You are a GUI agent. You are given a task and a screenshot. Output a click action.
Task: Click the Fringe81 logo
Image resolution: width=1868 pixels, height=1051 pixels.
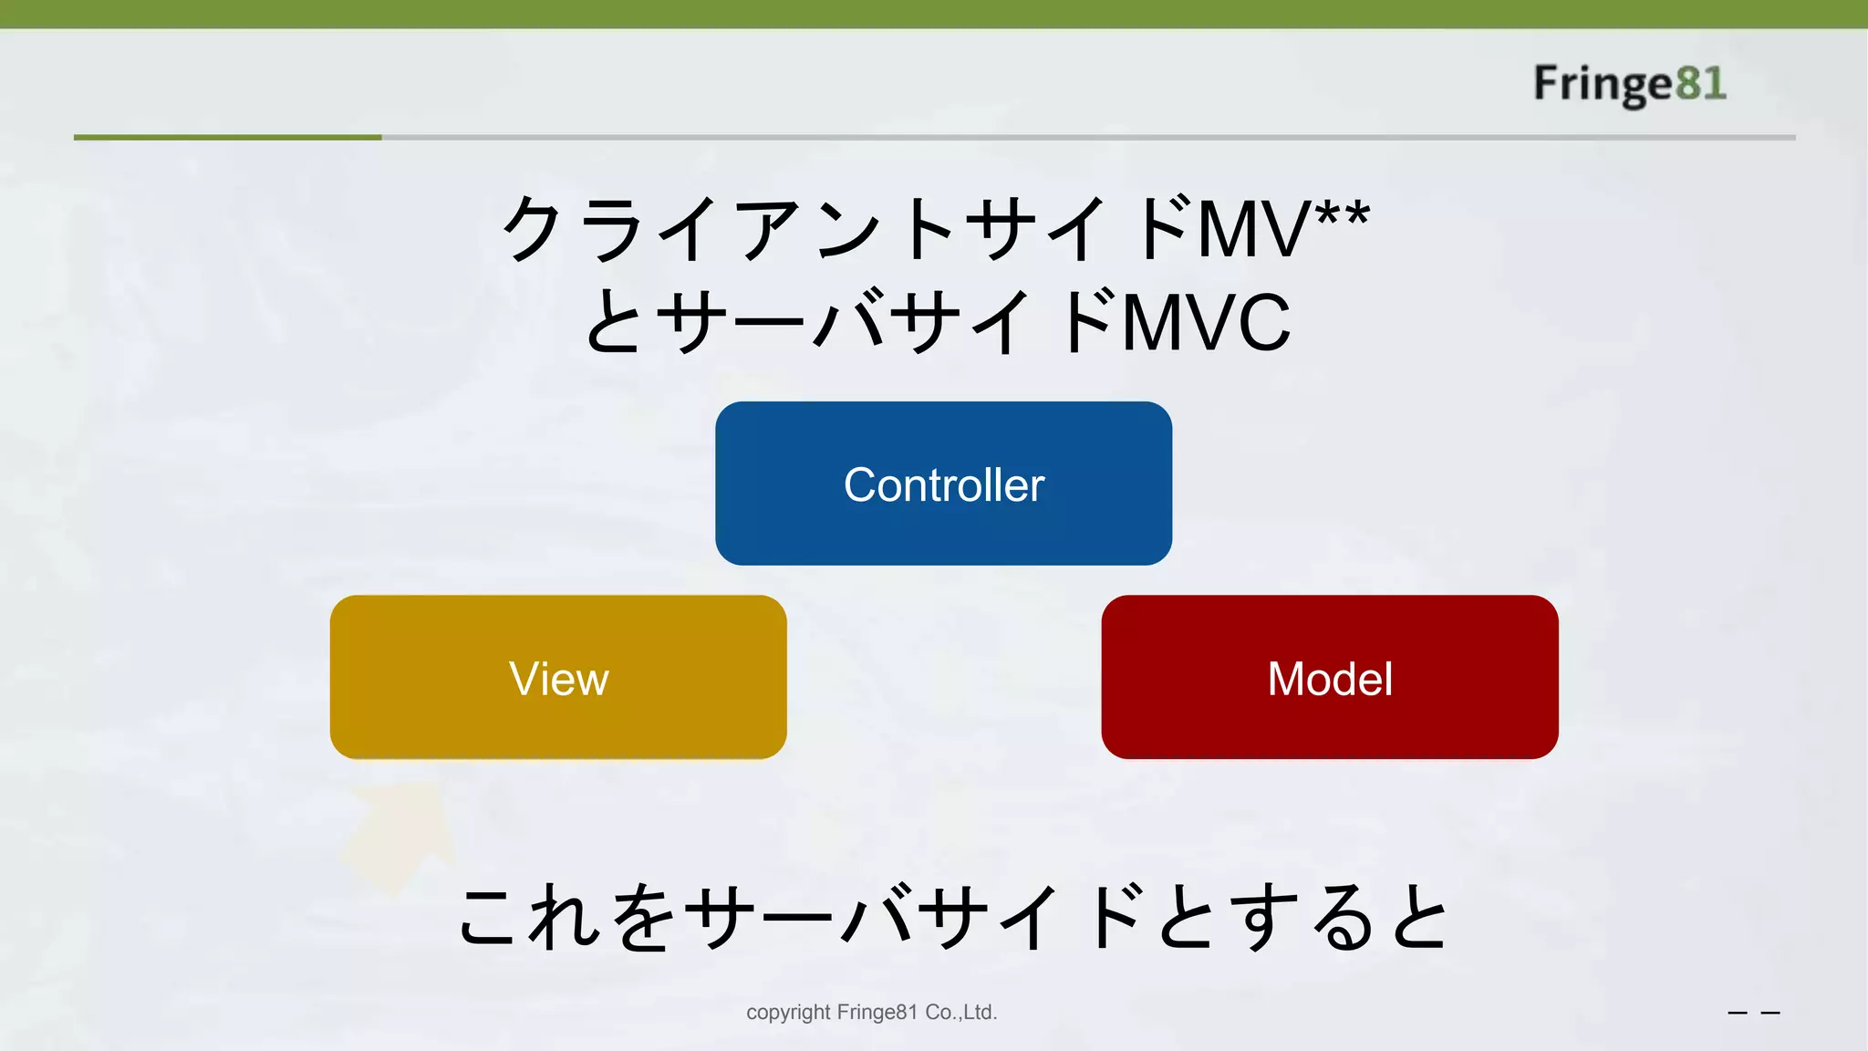[x=1629, y=84]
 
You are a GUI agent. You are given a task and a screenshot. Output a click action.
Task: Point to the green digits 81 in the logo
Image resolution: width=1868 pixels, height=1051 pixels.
[x=1701, y=84]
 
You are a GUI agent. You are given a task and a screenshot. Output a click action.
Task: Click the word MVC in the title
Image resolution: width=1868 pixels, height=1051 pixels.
[x=1206, y=323]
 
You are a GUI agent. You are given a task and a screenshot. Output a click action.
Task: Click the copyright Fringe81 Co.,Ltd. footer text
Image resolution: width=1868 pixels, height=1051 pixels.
[x=871, y=1013]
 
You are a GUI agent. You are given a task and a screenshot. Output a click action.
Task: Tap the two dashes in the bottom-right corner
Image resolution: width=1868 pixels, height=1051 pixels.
[x=1753, y=1013]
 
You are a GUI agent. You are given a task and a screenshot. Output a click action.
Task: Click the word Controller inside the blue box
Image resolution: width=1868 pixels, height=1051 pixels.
[x=943, y=484]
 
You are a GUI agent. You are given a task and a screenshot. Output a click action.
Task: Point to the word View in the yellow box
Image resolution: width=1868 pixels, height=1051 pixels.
[x=558, y=679]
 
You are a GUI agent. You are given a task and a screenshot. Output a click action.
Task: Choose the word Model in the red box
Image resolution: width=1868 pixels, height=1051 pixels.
[x=1330, y=679]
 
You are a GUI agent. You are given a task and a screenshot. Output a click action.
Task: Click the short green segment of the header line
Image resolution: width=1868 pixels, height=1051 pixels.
[x=227, y=138]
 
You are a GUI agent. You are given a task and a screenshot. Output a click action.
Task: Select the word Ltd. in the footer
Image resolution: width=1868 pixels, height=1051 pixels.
[x=980, y=1013]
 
